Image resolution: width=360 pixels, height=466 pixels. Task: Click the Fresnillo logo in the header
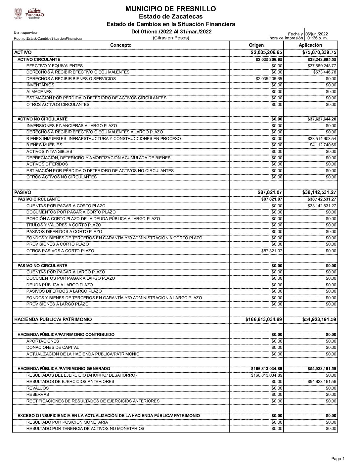29,14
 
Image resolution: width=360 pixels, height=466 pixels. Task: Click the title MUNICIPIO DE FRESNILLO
170,9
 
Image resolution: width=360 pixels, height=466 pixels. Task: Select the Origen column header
256,45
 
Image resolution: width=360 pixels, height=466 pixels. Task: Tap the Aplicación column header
310,45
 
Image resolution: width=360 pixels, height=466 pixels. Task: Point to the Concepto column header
121,45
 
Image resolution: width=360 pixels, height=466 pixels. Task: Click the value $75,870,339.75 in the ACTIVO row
319,52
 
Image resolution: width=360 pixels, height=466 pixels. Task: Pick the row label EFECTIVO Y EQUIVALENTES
55,66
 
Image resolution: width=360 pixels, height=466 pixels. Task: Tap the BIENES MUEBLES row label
44,145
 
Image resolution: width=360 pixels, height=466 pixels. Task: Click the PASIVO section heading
23,192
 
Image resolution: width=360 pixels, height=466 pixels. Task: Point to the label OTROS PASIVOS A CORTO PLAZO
60,251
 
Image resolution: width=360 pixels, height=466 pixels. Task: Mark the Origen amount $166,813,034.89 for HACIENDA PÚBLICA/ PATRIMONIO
264,319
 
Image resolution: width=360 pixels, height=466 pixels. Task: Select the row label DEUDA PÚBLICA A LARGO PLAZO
60,285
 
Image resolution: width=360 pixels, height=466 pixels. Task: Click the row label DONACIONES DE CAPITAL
53,348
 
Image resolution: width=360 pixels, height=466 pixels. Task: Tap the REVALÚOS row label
37,388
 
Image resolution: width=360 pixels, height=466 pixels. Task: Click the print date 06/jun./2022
316,34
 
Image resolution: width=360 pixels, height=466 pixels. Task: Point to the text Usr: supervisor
26,32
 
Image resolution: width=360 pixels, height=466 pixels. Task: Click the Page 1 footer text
338,459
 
